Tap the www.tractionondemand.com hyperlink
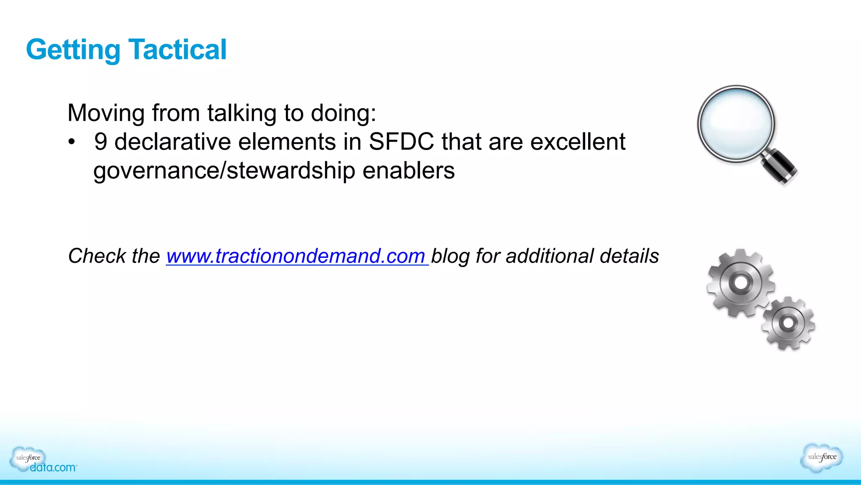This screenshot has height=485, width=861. tap(296, 256)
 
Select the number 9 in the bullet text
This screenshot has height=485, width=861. tap(100, 141)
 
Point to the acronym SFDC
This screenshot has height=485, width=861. tap(401, 141)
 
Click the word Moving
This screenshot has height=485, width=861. tap(106, 113)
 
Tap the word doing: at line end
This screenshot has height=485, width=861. tap(343, 113)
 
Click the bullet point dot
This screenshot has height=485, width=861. tap(72, 142)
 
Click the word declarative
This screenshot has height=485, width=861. tap(172, 141)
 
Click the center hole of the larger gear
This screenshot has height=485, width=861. tap(741, 282)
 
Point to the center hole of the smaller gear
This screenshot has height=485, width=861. tap(788, 323)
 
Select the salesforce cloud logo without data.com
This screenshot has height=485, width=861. tap(821, 457)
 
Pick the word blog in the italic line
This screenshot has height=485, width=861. tap(450, 256)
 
